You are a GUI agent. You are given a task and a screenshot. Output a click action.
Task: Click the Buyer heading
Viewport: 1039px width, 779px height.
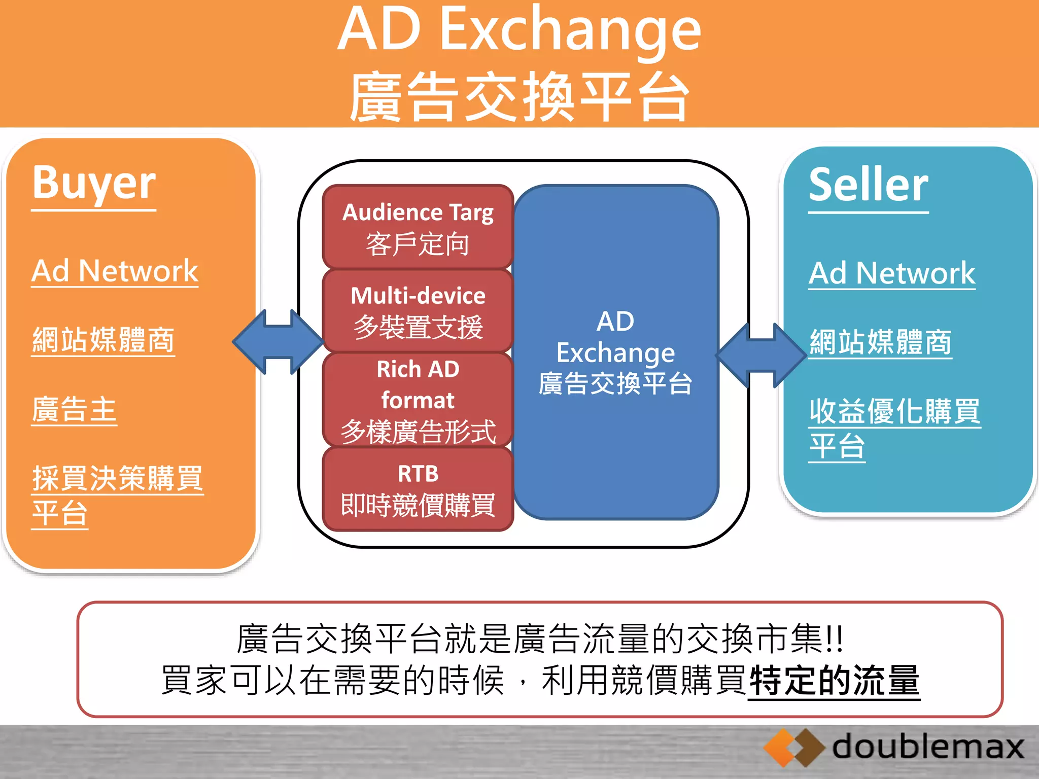(94, 184)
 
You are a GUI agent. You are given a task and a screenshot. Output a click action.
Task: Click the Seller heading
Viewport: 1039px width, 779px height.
(868, 186)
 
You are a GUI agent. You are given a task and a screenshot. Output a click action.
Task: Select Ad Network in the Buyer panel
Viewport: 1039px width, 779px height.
(115, 271)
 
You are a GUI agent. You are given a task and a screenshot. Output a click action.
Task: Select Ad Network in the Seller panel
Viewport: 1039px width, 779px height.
(891, 273)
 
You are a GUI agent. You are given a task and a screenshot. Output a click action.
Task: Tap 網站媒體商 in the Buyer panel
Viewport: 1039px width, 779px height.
(103, 340)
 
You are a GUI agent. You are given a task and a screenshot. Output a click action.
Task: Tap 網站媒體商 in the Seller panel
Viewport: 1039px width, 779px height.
(880, 342)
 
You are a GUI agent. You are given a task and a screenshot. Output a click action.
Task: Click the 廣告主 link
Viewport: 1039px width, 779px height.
(74, 410)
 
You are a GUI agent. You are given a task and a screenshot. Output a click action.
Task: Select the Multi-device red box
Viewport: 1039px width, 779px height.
(418, 311)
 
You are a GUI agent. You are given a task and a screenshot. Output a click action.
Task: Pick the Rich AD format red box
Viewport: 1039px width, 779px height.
(418, 400)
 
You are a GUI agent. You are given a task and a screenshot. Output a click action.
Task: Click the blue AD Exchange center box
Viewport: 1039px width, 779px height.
(616, 352)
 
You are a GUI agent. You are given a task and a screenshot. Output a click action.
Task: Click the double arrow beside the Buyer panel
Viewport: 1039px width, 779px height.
(278, 342)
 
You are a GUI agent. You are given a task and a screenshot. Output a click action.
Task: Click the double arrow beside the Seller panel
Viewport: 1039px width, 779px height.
(761, 356)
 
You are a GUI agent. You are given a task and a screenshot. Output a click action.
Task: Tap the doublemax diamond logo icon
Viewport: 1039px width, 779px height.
(793, 748)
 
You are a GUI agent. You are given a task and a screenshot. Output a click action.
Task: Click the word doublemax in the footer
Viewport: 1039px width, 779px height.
(927, 748)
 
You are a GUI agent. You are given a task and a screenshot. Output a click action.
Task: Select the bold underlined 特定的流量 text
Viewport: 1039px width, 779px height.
(834, 681)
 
